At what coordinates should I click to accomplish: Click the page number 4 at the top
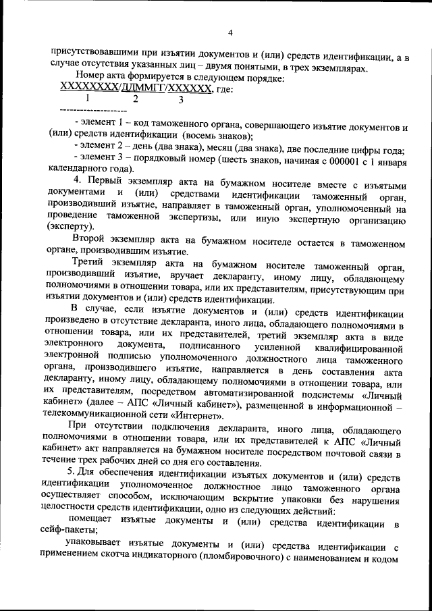click(x=230, y=32)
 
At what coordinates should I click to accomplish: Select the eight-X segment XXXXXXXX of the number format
click(x=89, y=88)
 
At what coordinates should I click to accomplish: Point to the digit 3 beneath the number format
click(x=180, y=100)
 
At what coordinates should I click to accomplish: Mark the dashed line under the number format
click(x=93, y=109)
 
